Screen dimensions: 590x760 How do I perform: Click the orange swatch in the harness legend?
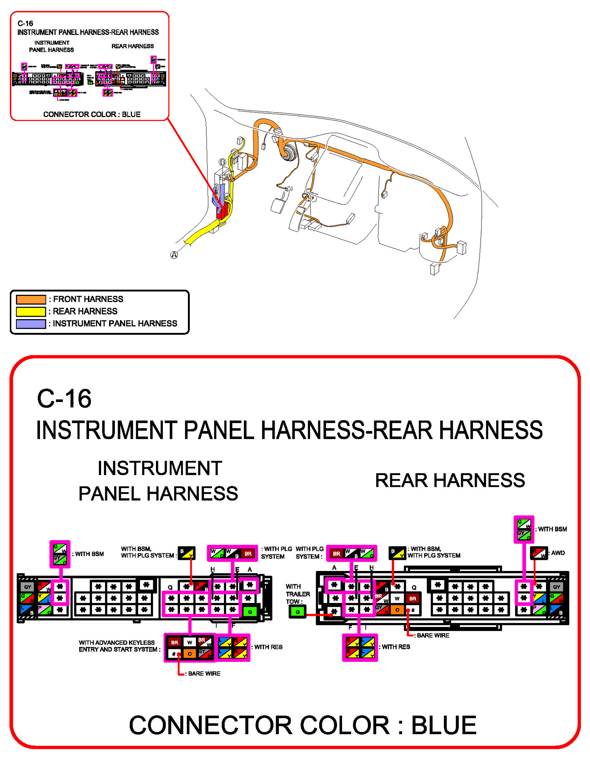coord(31,299)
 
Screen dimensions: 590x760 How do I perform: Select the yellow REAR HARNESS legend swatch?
coord(31,312)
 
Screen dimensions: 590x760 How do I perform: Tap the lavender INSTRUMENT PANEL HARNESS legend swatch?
coord(31,324)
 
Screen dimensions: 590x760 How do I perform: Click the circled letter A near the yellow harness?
coord(174,255)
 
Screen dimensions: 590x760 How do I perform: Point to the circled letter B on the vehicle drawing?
coord(222,162)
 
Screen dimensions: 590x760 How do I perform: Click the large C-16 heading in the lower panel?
coord(64,399)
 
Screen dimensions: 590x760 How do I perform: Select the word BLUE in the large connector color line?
coord(444,725)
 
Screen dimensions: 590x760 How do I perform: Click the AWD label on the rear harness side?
coord(558,553)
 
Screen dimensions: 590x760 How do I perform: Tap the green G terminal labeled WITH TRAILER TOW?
coord(297,612)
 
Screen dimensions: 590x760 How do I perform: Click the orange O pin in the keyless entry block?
coord(189,654)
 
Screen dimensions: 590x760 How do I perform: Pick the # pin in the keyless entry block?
coord(174,654)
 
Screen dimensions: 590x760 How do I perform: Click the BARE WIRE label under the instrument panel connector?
coord(204,673)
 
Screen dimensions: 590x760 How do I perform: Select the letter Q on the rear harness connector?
coord(414,587)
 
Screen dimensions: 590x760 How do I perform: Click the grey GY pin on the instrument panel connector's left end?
coord(27,587)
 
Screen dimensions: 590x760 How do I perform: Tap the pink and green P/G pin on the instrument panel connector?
coord(44,610)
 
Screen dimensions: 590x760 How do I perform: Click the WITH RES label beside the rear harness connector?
coord(396,647)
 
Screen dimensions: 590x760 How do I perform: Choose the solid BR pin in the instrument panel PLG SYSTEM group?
coord(248,553)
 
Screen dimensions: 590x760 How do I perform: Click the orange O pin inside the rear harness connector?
coord(397,610)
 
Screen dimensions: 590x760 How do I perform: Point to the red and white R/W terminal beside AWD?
coord(539,553)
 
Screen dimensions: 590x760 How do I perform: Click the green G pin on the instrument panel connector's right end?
coord(250,612)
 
